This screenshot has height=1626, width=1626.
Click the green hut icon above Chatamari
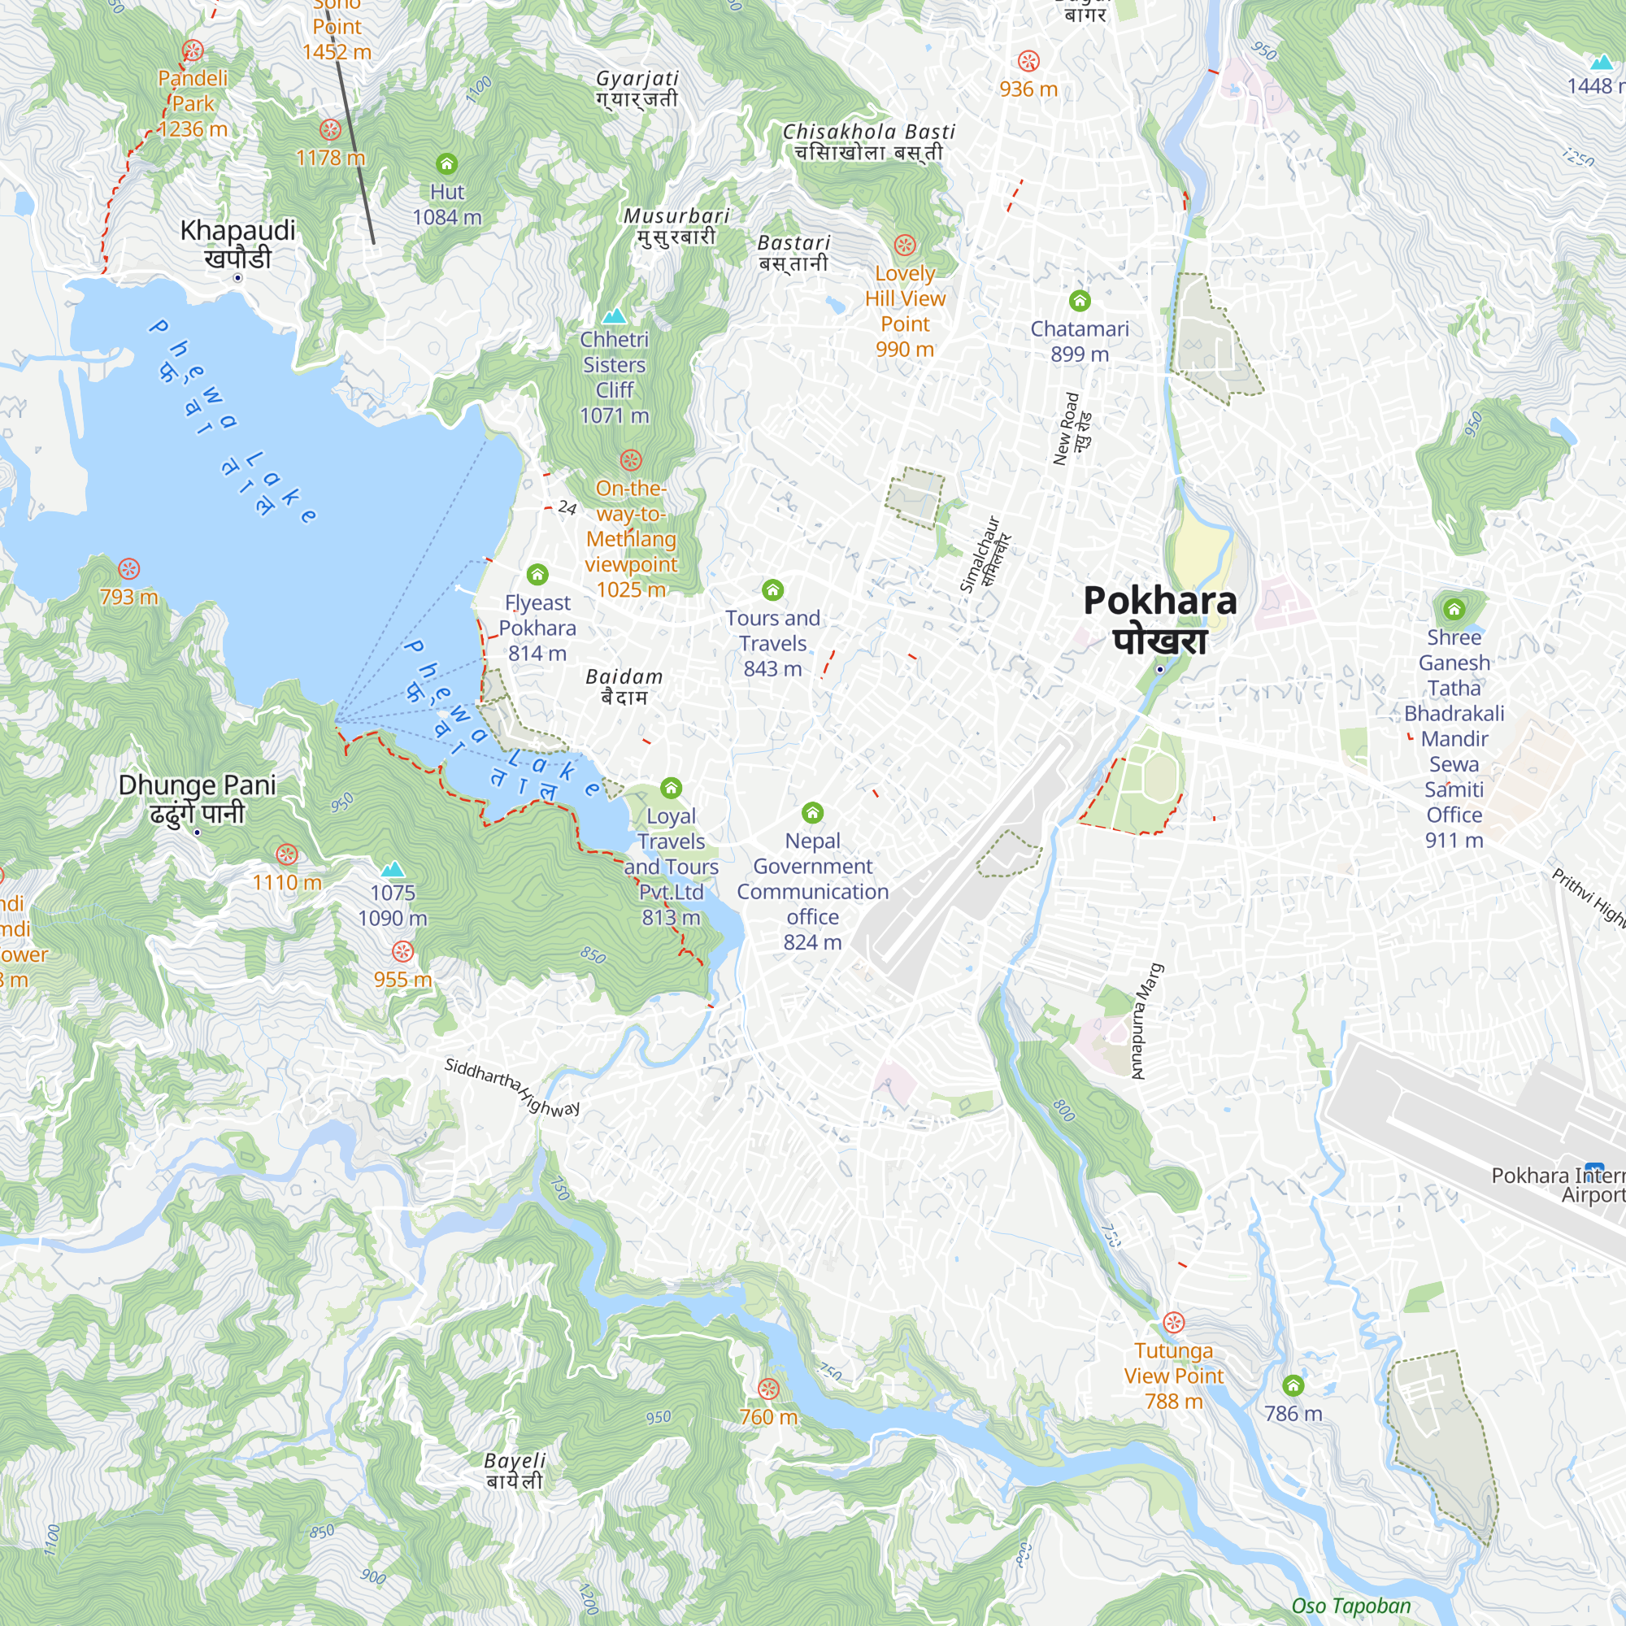pos(1080,301)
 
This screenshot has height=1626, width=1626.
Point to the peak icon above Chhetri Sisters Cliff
pos(615,315)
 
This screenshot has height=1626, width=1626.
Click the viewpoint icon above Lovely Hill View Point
pos(905,245)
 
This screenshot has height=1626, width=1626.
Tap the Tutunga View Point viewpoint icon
pos(1174,1322)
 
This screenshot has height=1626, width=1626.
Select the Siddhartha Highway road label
pos(511,1086)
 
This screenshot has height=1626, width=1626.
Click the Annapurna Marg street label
pos(1146,1021)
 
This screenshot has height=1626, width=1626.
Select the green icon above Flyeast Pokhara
pos(537,575)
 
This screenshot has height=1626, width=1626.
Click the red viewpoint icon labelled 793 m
pos(128,569)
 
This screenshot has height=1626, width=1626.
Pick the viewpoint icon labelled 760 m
pos(768,1389)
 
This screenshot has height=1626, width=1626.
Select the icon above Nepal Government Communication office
pos(812,812)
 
